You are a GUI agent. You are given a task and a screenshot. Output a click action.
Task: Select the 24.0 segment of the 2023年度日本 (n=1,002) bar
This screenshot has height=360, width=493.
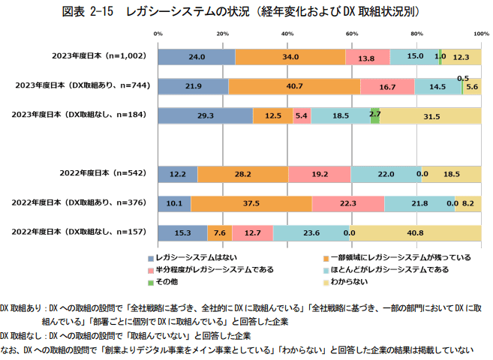coord(197,57)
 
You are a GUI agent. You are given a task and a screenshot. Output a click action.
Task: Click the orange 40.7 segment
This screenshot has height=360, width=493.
coord(294,86)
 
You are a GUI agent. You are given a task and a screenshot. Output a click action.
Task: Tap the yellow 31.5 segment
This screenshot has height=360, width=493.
coord(430,115)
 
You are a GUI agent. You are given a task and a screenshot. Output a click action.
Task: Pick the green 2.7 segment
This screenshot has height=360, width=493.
coord(374,115)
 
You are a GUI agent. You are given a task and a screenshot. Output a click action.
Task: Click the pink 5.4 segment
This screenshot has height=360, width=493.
coord(302,115)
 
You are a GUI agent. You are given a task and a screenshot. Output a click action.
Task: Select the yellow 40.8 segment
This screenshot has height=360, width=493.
coord(415,232)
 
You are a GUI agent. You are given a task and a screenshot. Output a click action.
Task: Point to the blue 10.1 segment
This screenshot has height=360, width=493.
coord(174,203)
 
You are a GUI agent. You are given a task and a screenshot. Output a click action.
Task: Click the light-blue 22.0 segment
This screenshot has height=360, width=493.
coord(386,174)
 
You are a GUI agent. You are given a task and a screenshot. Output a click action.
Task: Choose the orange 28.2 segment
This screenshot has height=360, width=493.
coord(242,174)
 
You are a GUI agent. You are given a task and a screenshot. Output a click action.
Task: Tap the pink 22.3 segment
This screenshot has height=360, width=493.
coord(347,203)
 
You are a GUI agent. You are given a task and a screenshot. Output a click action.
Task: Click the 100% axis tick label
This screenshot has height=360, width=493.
coord(481,34)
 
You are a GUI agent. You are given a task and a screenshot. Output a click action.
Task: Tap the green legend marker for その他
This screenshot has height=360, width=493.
coord(151,282)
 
